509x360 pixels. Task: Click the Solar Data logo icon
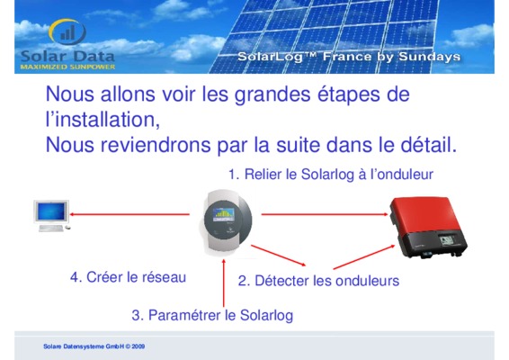tap(67, 31)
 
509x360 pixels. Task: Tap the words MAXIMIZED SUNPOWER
tap(67, 67)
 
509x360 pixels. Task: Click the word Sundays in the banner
tap(430, 57)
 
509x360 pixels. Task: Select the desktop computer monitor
tap(51, 212)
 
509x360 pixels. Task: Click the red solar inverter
tap(428, 227)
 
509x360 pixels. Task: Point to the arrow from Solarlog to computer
tap(129, 214)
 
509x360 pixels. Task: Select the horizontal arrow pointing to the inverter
tap(325, 214)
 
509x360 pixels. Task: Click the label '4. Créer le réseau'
tap(129, 277)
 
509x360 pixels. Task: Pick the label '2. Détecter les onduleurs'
tap(318, 281)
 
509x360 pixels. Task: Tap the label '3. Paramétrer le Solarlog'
tap(212, 315)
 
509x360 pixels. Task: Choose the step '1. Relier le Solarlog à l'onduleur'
tap(331, 175)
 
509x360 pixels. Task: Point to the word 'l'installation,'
tap(103, 119)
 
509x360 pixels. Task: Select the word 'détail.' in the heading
tap(428, 145)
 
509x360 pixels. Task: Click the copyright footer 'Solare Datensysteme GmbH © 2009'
tap(94, 346)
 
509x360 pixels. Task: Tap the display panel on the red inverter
tap(447, 241)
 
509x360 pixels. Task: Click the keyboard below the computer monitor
tap(51, 229)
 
